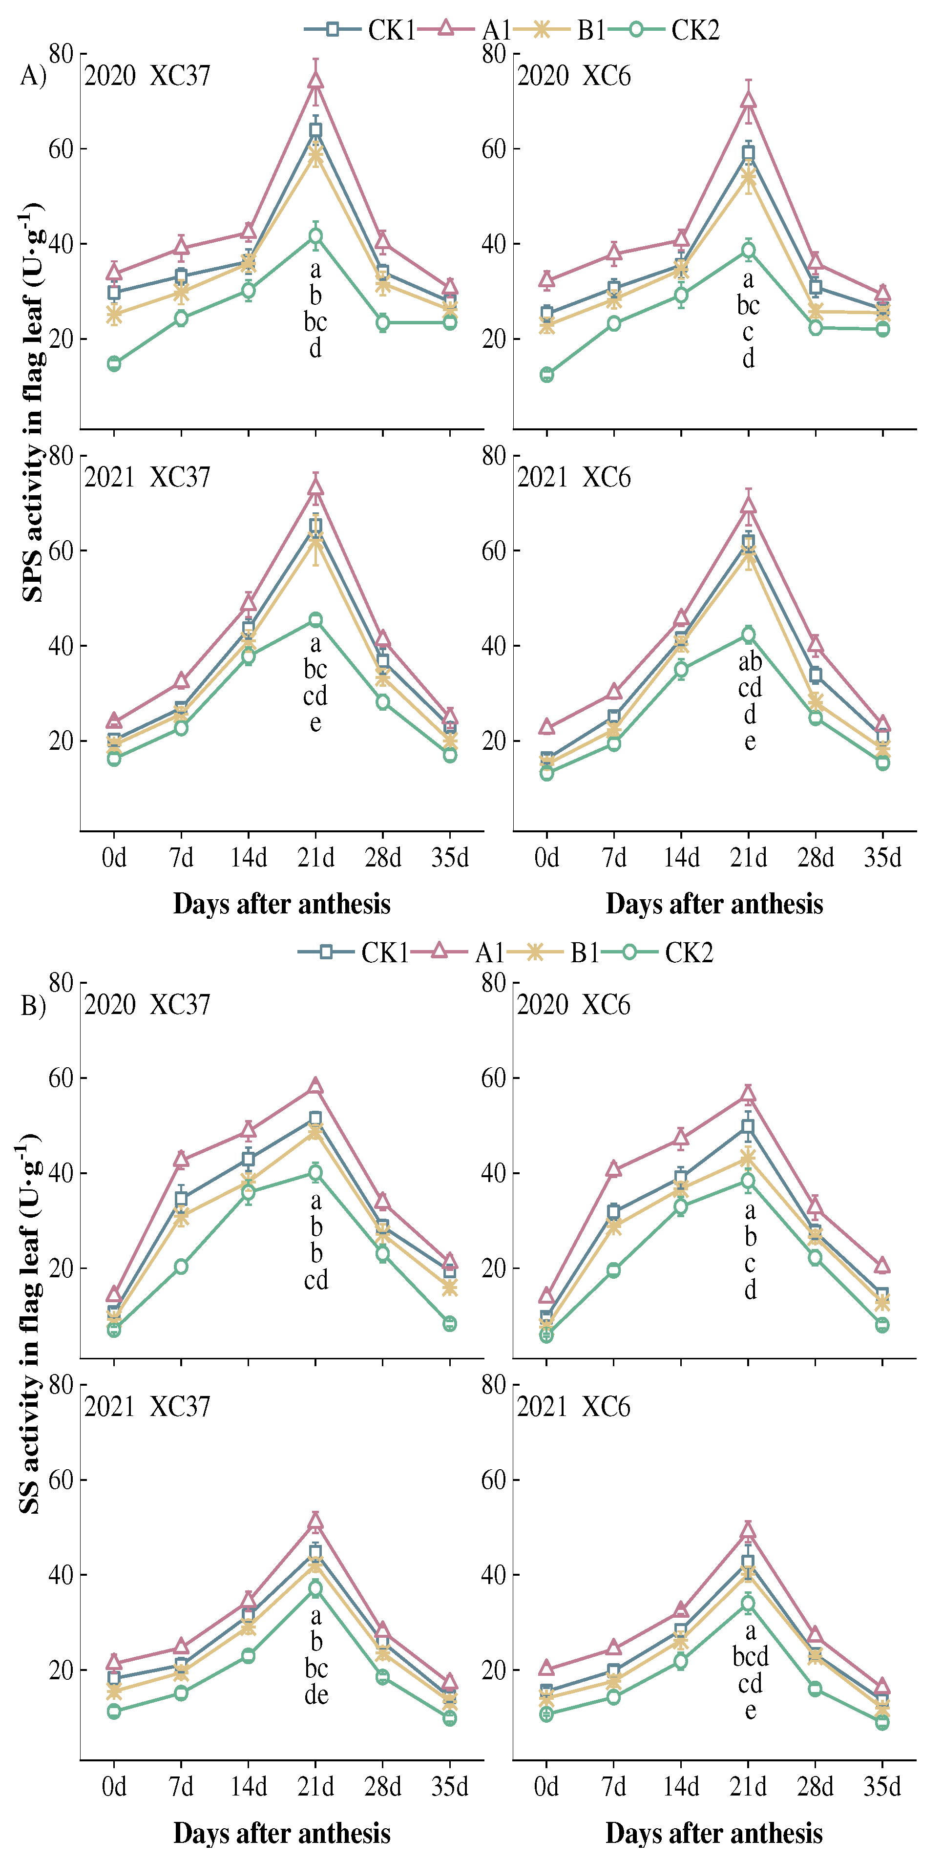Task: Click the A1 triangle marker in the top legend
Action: point(445,28)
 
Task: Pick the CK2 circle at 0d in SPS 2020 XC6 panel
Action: point(546,375)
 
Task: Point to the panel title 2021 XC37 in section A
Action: point(147,477)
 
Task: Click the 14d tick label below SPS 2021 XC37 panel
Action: point(249,858)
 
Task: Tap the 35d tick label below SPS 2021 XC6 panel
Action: point(882,858)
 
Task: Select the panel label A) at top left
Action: point(33,75)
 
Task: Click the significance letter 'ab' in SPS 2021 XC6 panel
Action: point(750,661)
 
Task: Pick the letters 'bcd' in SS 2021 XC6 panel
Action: point(750,1656)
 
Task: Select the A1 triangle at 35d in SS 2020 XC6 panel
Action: point(882,1265)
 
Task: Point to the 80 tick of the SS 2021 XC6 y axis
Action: point(494,1384)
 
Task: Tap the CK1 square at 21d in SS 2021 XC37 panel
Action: point(315,1552)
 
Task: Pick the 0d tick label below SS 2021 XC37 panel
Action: point(113,1786)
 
